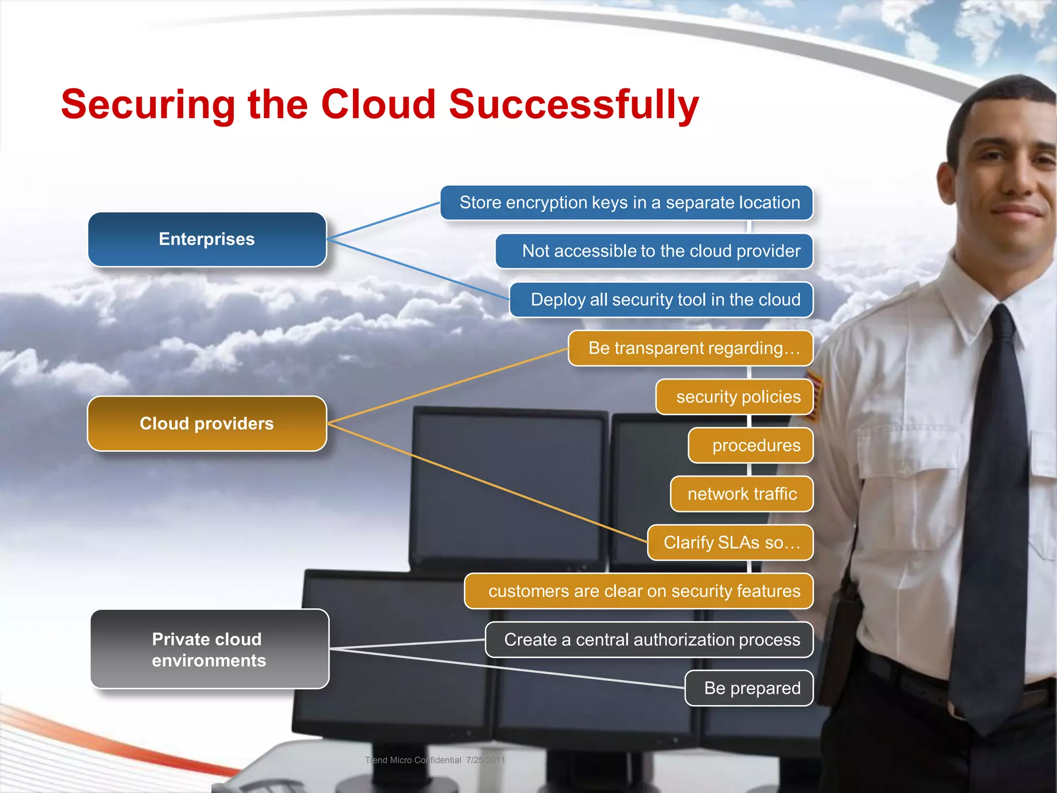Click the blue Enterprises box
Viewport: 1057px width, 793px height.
(x=207, y=240)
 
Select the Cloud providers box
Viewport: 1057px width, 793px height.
(x=207, y=424)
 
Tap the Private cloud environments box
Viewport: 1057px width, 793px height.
(x=209, y=649)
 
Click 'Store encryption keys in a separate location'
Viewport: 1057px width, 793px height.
(x=627, y=203)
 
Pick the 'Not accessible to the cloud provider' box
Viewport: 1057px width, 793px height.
(x=654, y=251)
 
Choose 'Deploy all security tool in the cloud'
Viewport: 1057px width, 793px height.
(x=661, y=300)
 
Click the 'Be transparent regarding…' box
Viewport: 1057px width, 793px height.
(x=691, y=348)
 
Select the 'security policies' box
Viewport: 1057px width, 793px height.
(x=734, y=397)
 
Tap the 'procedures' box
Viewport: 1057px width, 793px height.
(x=751, y=446)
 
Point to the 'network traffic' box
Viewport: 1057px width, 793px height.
(x=742, y=494)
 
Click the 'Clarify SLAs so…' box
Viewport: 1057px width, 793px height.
(x=730, y=543)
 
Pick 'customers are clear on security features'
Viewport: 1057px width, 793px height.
(x=639, y=591)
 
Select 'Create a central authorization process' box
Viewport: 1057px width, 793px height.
(x=649, y=640)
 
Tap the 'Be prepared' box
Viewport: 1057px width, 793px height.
(x=749, y=688)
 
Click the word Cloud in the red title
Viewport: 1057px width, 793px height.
(x=378, y=105)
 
